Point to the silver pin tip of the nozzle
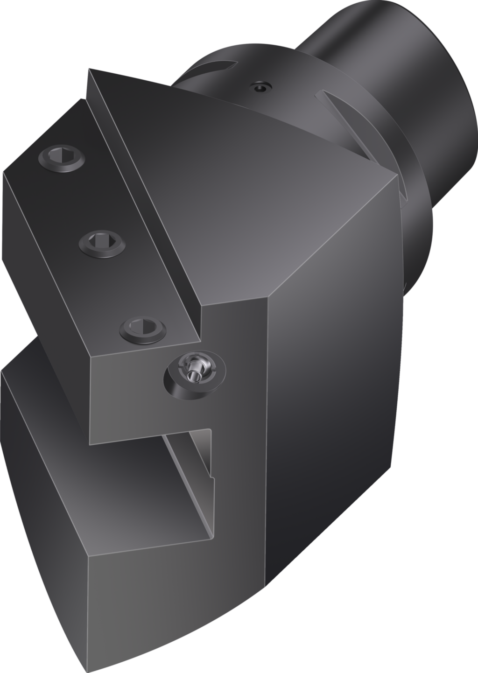(191, 374)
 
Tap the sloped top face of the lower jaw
(93, 467)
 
